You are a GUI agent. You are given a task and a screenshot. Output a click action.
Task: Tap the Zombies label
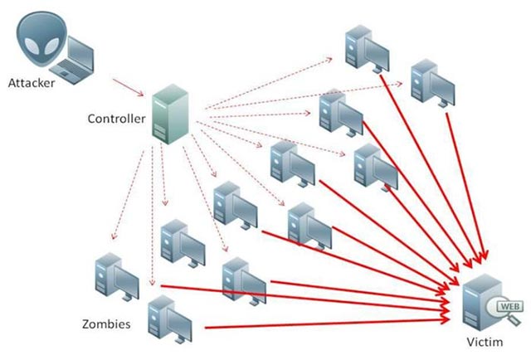click(105, 324)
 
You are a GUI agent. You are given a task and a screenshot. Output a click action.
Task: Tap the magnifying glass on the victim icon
click(501, 311)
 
